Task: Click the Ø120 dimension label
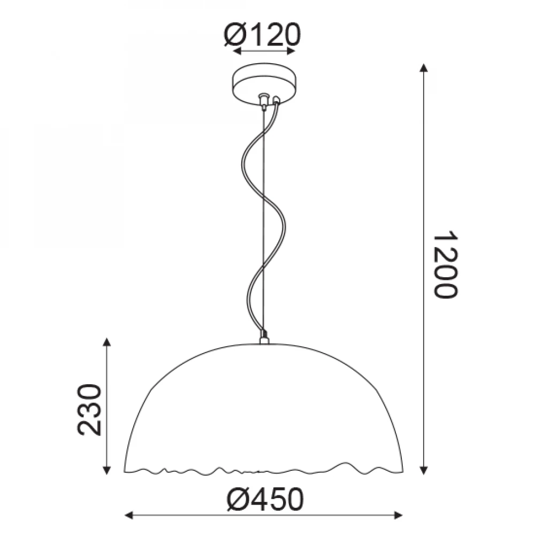pos(262,34)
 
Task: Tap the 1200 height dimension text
pos(445,265)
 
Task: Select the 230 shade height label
pos(90,410)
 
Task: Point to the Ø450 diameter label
pos(265,500)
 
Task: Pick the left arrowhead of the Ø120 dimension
pos(237,51)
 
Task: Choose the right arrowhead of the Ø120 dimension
pos(291,51)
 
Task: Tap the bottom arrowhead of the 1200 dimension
pos(424,470)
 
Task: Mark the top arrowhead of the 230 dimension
pos(107,342)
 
